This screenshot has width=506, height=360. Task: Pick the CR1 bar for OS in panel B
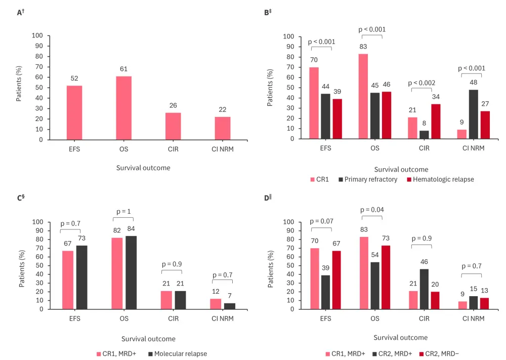363,96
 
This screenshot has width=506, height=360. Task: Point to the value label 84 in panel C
131,228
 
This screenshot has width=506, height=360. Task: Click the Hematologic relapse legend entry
440,179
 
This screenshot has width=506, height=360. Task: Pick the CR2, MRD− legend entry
442,353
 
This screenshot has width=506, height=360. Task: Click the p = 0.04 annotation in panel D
372,209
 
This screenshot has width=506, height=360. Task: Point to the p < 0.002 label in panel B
421,83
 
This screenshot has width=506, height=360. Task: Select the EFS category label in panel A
74,150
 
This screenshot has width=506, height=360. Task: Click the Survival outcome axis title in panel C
148,339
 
